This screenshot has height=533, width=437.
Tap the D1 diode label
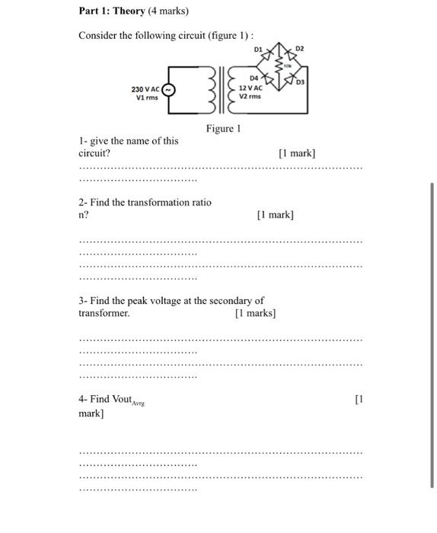pos(258,49)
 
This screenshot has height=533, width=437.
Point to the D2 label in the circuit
pos(299,49)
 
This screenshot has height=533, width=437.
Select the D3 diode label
pos(300,81)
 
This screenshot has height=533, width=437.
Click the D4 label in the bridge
pos(254,78)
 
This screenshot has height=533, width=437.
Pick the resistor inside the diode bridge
pos(279,65)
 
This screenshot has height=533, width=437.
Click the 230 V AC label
pos(146,89)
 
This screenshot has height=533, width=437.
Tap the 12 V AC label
pos(250,88)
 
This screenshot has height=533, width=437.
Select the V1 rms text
pos(145,97)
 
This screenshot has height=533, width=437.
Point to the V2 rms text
pos(250,97)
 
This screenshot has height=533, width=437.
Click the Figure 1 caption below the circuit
pos(223,129)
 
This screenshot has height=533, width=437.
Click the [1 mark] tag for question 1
pos(298,153)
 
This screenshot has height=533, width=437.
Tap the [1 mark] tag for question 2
pos(276,215)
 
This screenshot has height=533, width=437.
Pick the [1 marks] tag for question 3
pos(256,313)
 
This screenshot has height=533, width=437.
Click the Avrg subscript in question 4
pos(138,403)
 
